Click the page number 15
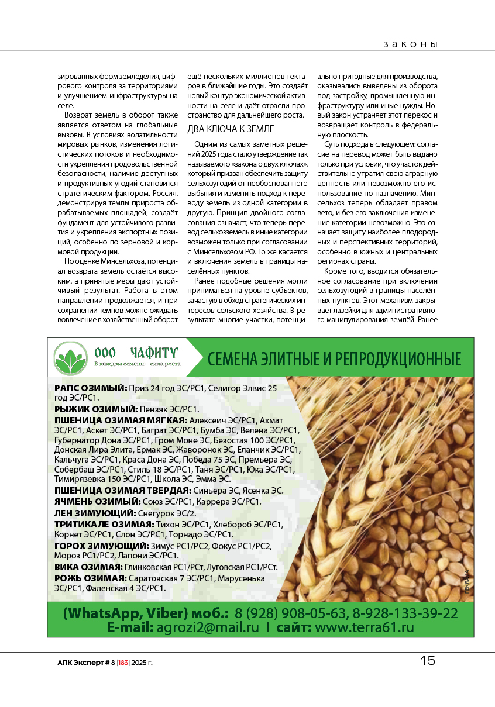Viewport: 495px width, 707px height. pos(428,661)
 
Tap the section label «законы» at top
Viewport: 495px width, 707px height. pos(411,44)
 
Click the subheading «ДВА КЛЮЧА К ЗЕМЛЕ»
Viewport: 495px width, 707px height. pos(231,129)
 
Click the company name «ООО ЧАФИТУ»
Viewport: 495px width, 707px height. pos(136,352)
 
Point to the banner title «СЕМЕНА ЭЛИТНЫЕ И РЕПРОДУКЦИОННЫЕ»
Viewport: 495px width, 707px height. pos(334,358)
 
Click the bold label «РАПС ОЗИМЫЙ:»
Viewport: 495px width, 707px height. pos(91,388)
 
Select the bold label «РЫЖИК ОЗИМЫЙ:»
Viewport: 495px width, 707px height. pos(96,409)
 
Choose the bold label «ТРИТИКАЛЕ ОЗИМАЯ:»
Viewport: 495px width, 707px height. pos(104,523)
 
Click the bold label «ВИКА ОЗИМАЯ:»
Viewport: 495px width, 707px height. pos(88,567)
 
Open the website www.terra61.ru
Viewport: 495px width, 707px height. pos(365,627)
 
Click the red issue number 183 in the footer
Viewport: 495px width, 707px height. pos(123,663)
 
